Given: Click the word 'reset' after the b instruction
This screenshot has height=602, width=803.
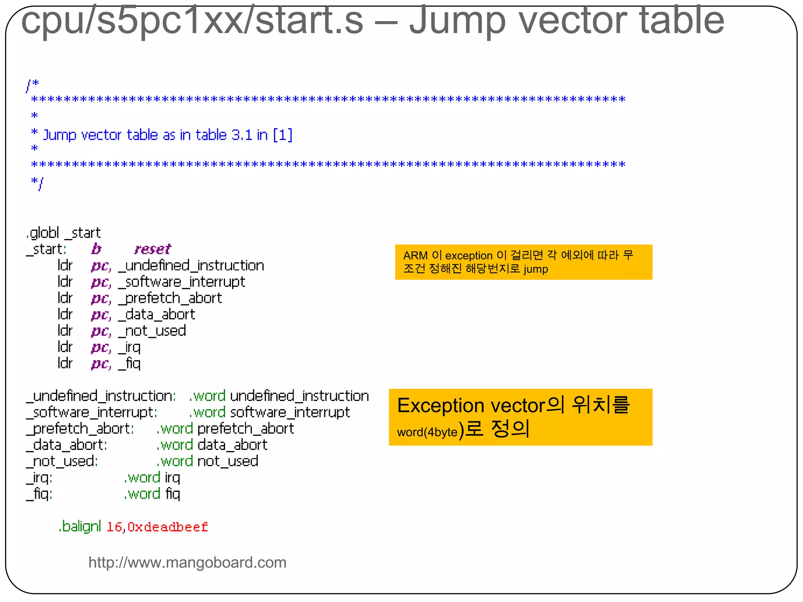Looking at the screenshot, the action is tap(153, 249).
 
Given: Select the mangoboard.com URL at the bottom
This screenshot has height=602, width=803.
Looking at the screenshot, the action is tap(187, 562).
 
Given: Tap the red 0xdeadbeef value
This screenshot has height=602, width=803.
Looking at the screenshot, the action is tap(168, 527).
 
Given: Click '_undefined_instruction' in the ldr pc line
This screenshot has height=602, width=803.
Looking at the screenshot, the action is tap(191, 266).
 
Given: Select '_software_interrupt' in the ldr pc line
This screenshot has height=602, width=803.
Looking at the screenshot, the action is tap(182, 282).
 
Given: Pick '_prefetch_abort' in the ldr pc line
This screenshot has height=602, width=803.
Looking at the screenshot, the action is tap(170, 298).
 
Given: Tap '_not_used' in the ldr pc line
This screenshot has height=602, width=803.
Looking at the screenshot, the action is tap(152, 331).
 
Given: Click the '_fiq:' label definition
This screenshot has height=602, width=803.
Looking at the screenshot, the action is tap(39, 494).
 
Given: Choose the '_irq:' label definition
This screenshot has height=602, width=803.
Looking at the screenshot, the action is tap(39, 478).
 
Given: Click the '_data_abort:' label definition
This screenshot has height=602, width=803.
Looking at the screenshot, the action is tap(67, 445).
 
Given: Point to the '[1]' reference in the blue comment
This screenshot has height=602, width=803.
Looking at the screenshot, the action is tap(283, 135).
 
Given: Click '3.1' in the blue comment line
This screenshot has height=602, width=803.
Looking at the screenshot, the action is tap(242, 135).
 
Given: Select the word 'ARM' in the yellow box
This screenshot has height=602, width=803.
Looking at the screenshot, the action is tap(415, 256).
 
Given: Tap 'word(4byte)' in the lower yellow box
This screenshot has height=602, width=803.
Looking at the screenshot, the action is tap(427, 432).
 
